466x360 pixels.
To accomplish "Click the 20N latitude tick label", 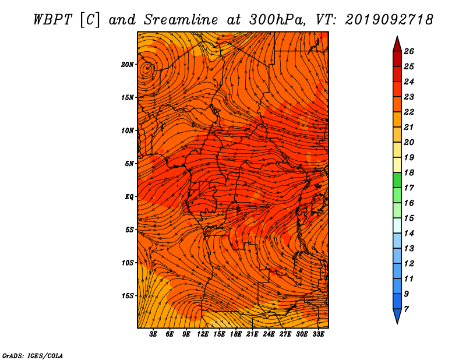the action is click(128, 65).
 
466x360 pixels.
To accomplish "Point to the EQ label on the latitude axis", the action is click(129, 197).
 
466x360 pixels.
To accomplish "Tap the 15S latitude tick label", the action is click(128, 296).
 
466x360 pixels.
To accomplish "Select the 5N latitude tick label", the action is click(129, 164).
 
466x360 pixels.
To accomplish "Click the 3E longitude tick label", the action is click(153, 334).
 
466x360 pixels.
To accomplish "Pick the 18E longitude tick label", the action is click(236, 334).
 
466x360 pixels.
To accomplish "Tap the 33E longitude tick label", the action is click(318, 334).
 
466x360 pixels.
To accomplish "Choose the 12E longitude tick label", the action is click(203, 334).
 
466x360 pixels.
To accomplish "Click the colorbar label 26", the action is click(409, 51).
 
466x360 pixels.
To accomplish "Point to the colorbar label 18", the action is click(409, 172).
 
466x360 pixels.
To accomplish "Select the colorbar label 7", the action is click(406, 309).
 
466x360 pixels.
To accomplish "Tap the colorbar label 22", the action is click(409, 112).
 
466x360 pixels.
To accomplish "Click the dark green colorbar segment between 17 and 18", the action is click(397, 180).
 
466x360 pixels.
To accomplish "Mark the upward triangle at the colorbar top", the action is click(397, 45).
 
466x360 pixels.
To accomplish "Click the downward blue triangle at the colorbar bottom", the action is click(397, 315).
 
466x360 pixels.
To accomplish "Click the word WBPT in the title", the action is click(53, 20).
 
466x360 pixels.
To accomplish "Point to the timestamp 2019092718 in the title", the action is click(389, 20).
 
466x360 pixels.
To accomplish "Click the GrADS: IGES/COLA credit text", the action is click(33, 355).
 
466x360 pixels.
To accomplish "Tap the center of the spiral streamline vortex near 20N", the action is click(147, 69).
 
